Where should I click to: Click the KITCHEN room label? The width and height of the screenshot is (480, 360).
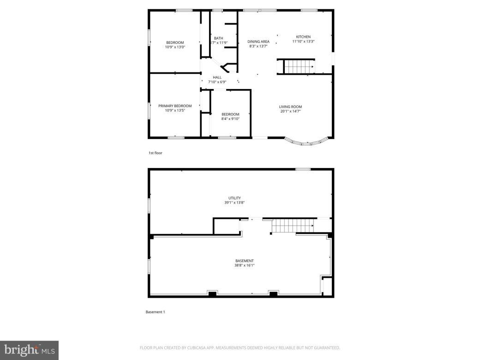click(x=303, y=37)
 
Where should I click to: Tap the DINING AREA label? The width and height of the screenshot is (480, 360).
click(x=258, y=42)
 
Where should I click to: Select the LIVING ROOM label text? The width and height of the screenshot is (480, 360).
click(x=290, y=107)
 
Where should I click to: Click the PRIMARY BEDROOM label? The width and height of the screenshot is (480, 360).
click(x=175, y=106)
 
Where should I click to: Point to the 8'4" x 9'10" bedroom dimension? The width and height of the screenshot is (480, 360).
click(x=230, y=119)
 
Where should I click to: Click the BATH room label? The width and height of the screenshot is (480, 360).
click(x=218, y=38)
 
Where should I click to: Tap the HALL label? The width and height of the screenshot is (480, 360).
click(x=217, y=78)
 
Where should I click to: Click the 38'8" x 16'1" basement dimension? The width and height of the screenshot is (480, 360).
click(x=245, y=265)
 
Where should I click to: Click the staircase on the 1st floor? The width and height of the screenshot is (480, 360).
click(x=298, y=67)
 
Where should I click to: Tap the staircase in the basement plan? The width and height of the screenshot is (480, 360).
click(x=292, y=226)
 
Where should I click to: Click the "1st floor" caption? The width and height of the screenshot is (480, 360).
click(x=155, y=153)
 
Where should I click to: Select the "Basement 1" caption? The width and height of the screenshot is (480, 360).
click(x=155, y=312)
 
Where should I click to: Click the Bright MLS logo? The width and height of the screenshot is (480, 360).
click(x=29, y=350)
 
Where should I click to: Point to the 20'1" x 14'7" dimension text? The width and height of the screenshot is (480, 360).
click(x=290, y=111)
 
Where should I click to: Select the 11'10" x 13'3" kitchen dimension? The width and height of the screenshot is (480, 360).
click(x=303, y=42)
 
